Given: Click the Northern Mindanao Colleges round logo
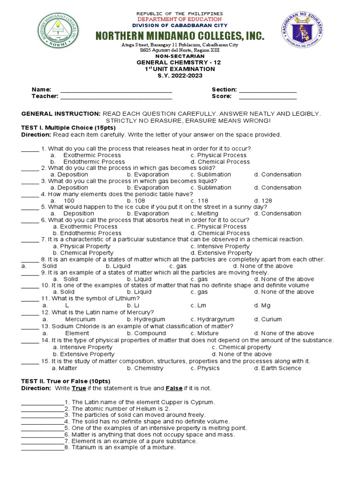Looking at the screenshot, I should point(52,34).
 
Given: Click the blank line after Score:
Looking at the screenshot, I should point(268,97).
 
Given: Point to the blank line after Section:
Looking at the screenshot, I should point(268,90).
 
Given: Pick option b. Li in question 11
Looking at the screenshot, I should point(134,306).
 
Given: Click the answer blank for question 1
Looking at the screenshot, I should point(30,149).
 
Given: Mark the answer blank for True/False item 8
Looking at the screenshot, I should point(42,448).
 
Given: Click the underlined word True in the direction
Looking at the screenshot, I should point(79,389).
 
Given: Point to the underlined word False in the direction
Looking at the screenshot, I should point(174,389).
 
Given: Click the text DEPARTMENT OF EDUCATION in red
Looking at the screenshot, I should point(180,19).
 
